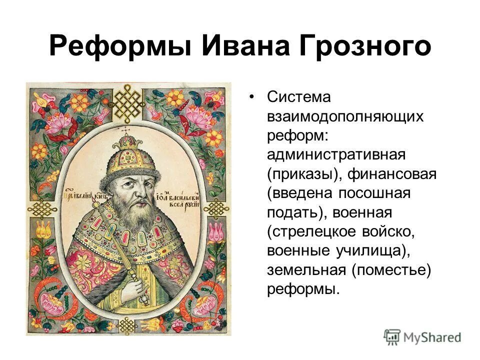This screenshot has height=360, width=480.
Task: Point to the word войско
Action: tap(394, 231)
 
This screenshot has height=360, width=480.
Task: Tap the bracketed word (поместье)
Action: tap(390, 270)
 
